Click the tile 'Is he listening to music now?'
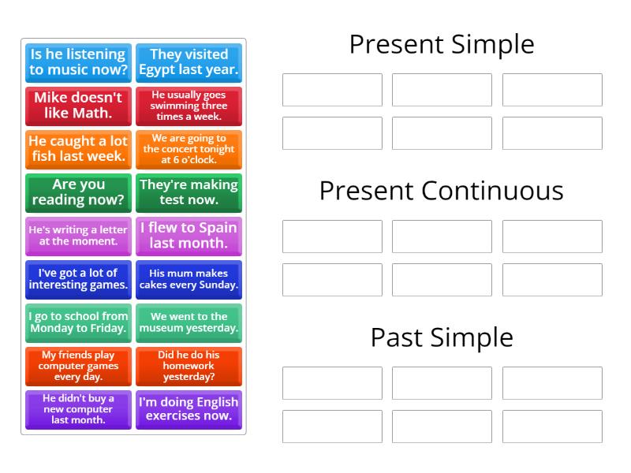click(78, 62)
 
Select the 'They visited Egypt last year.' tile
click(189, 62)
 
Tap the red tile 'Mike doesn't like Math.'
click(78, 106)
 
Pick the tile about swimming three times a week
click(189, 106)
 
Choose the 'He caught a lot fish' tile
click(78, 149)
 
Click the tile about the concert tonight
click(189, 149)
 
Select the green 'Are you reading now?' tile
click(78, 192)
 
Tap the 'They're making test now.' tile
click(189, 192)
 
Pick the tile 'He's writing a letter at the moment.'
click(78, 236)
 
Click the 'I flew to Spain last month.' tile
click(189, 236)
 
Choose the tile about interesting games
click(78, 279)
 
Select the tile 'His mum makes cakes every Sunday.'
click(189, 279)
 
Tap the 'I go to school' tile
click(78, 322)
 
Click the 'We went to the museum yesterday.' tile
click(189, 322)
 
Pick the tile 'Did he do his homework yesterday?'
click(189, 366)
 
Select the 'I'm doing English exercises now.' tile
click(189, 409)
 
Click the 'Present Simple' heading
click(442, 44)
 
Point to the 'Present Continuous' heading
click(442, 191)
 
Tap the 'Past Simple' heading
click(442, 337)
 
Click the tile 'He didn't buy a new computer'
click(78, 409)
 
